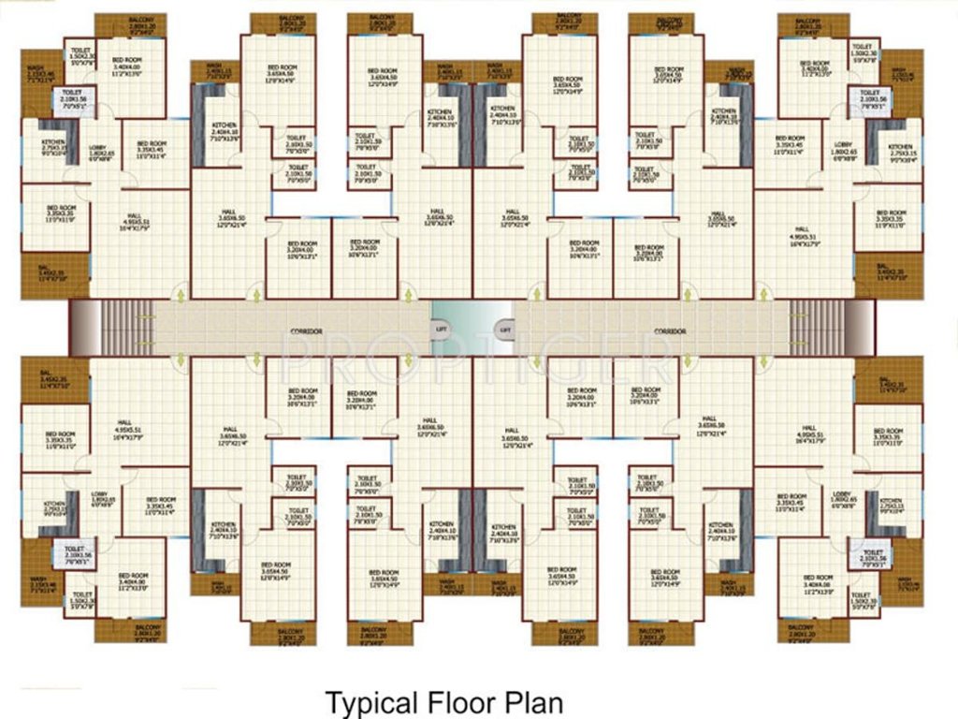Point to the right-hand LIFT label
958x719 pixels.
(505, 330)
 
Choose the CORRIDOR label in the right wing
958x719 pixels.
(670, 331)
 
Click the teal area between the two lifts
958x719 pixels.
(472, 318)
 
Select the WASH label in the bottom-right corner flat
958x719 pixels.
(905, 583)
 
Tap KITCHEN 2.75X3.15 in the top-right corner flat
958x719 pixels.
(901, 151)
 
